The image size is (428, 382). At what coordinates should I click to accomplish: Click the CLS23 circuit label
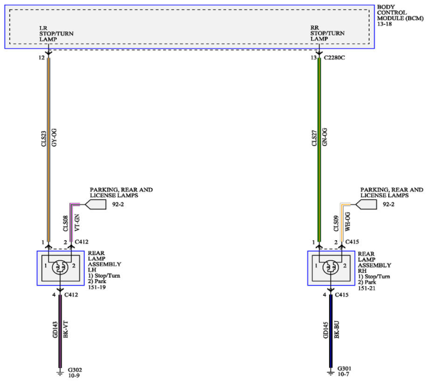[43, 138]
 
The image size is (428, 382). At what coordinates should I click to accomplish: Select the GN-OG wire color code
[324, 136]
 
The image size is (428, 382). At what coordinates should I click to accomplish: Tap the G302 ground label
[75, 370]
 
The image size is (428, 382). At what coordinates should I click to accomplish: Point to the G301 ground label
[344, 369]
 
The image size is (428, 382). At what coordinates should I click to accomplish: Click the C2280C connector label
[334, 58]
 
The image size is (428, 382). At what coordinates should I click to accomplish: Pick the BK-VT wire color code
[66, 329]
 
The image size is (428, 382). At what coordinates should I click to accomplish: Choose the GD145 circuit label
[326, 330]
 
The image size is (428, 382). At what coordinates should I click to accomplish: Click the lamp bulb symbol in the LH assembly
[60, 268]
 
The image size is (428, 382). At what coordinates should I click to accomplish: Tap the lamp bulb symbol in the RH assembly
[330, 268]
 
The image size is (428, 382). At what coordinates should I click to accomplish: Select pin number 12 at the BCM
[41, 58]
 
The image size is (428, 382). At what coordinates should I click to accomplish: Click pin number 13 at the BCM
[313, 58]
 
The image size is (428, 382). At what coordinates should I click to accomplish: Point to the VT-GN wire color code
[77, 223]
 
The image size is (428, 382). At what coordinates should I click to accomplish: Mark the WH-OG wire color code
[348, 221]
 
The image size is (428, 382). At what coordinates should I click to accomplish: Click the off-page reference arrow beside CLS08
[96, 205]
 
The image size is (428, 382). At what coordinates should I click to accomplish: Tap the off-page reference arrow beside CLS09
[366, 205]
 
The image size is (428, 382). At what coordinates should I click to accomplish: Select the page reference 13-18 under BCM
[385, 24]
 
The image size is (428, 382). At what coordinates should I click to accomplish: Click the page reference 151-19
[96, 287]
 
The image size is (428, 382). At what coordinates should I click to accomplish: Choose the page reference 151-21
[366, 288]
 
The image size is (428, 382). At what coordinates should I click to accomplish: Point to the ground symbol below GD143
[60, 373]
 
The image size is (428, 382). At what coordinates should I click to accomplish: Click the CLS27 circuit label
[314, 138]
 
